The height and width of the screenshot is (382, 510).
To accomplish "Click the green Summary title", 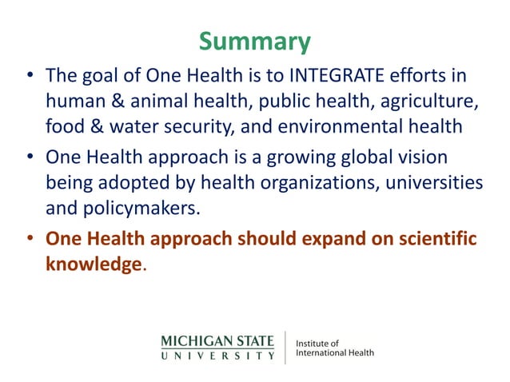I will (254, 42).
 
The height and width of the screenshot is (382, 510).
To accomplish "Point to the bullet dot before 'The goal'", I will (30, 78).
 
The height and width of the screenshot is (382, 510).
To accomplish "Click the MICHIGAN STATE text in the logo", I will (217, 340).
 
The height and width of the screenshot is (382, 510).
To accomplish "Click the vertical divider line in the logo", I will (285, 347).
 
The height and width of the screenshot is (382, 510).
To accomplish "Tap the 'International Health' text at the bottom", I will (334, 352).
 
